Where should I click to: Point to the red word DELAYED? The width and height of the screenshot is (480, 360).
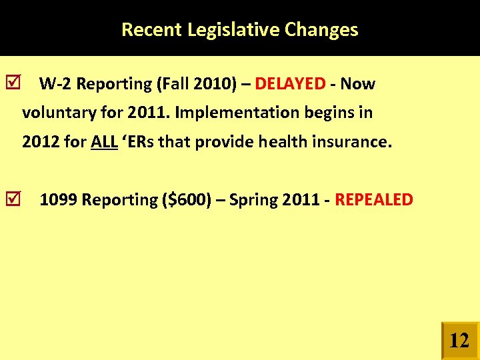click(290, 84)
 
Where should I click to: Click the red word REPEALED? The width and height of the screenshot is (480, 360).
click(373, 200)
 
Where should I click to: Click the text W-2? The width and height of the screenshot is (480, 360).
click(55, 84)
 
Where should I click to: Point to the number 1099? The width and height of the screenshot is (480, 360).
click(59, 200)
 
